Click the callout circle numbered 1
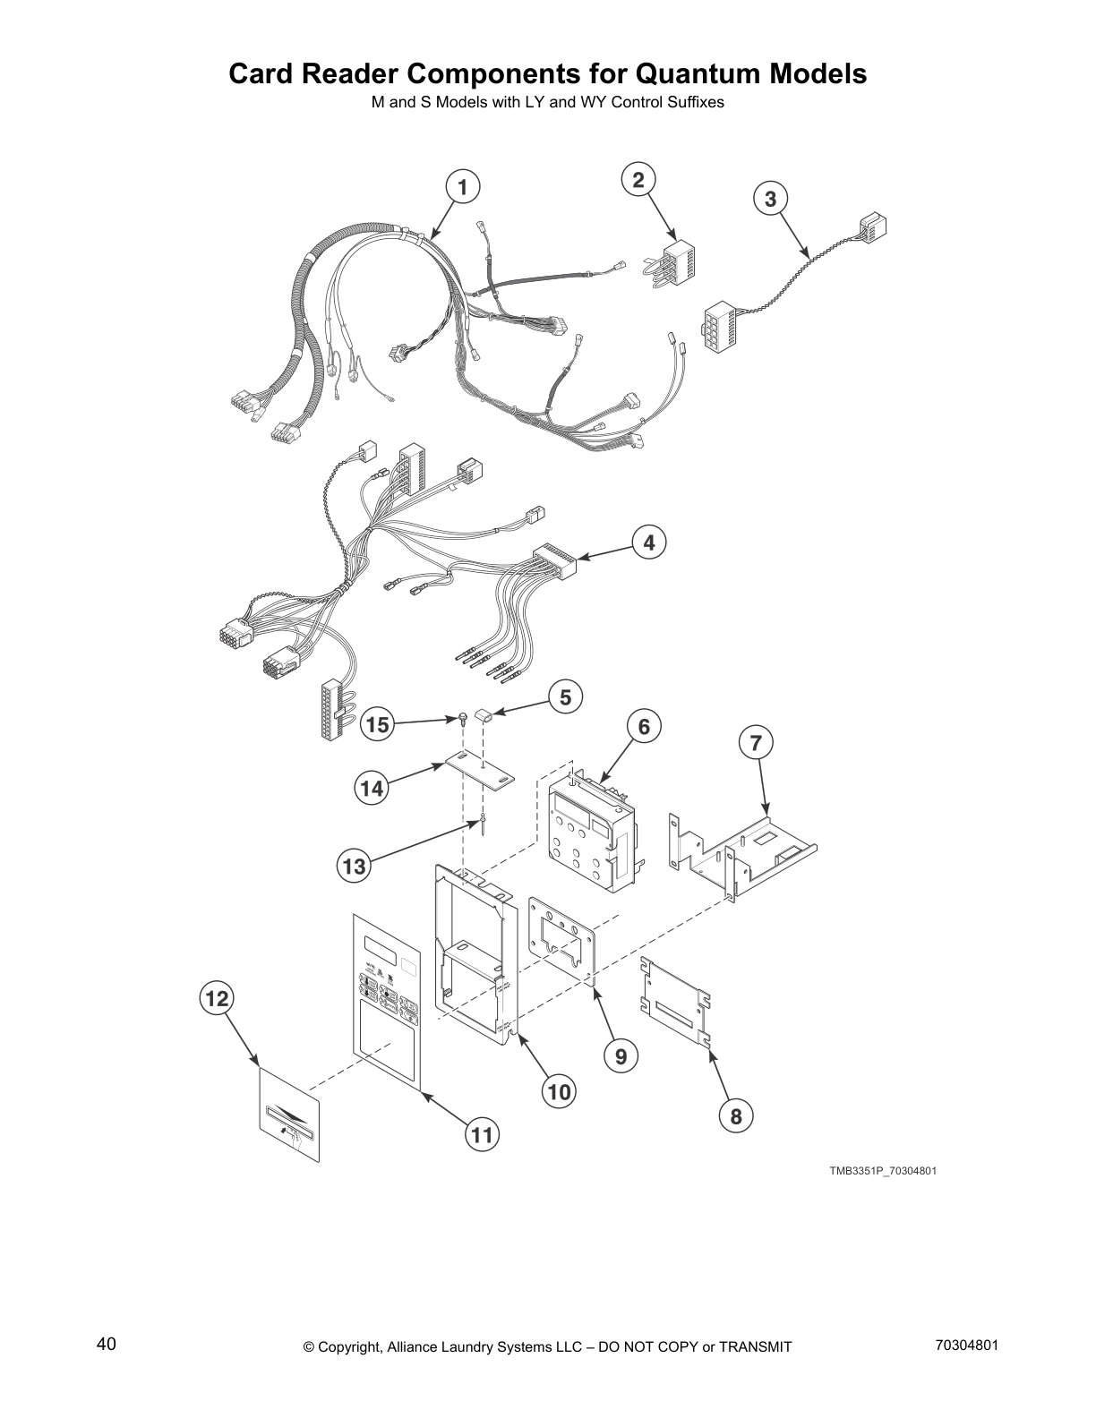point(462,188)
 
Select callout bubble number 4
point(649,542)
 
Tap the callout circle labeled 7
point(756,742)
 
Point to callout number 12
point(217,998)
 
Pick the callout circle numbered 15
point(379,725)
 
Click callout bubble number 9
point(621,1057)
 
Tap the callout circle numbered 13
point(355,866)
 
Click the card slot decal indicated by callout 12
point(289,1116)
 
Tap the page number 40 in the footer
point(106,1345)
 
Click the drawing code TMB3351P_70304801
point(882,1171)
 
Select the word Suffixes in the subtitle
point(695,102)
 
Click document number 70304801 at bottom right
point(966,1345)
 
